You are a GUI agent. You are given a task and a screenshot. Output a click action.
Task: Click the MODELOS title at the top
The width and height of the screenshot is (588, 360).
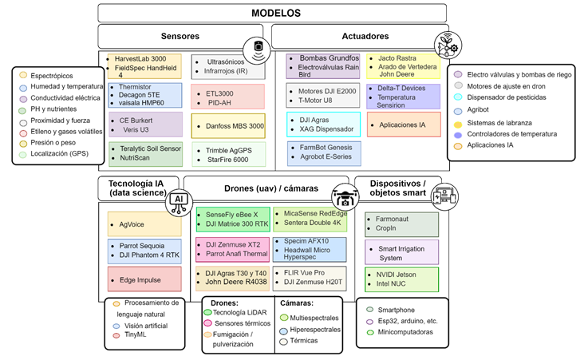(276, 14)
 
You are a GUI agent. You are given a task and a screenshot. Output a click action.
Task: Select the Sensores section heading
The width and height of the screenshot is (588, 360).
(180, 37)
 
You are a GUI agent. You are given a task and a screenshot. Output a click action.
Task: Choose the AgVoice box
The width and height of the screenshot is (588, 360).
(144, 224)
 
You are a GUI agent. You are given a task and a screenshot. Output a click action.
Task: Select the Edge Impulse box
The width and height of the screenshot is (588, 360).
(144, 279)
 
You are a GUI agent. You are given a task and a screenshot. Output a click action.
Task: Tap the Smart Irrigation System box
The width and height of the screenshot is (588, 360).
(402, 253)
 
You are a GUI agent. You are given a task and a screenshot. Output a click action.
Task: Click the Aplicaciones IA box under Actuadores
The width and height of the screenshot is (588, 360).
(403, 125)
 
